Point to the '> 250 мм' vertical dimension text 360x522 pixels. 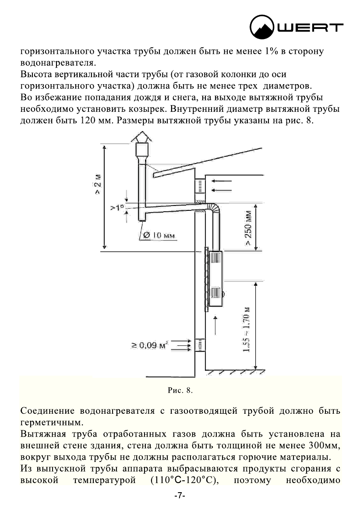tap(248, 229)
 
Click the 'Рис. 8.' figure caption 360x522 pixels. tap(180, 390)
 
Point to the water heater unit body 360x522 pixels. tap(215, 278)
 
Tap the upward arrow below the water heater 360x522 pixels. tap(214, 326)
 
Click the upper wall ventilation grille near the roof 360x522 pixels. tap(200, 186)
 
